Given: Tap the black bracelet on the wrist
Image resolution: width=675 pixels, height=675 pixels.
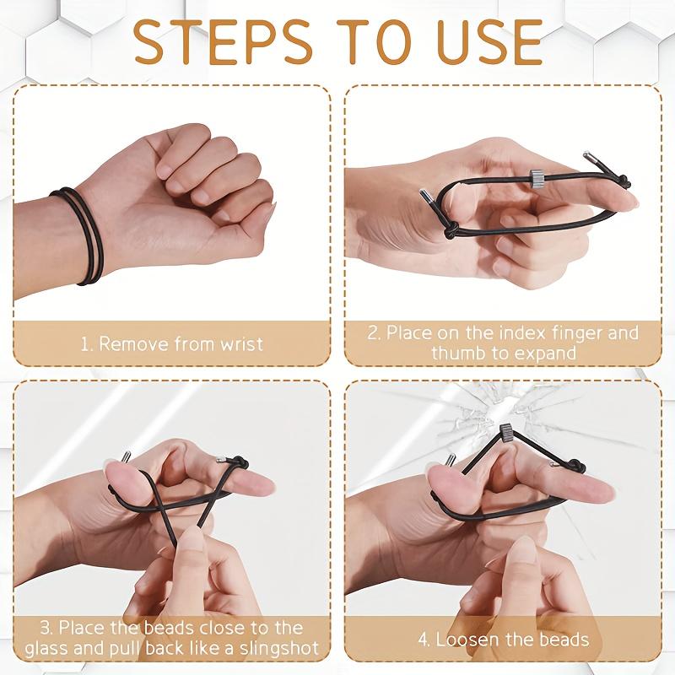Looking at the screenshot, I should coord(80,235).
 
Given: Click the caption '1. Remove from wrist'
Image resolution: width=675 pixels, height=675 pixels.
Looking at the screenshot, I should coord(172,343).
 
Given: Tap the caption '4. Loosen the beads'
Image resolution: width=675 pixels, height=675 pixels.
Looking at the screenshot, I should coord(503,639).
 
